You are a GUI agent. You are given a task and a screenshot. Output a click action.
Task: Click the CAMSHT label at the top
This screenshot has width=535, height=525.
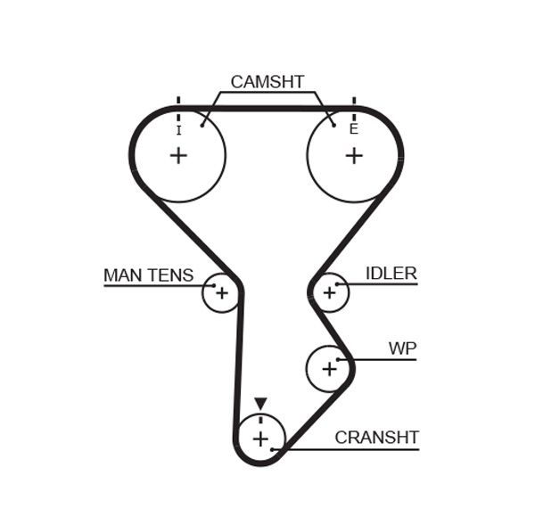click(x=267, y=82)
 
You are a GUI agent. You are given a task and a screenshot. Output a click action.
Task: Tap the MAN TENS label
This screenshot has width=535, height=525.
click(x=148, y=275)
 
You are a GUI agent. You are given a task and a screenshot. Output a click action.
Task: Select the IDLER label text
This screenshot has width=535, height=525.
click(x=391, y=274)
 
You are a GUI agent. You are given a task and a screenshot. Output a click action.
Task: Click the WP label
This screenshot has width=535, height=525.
click(x=402, y=348)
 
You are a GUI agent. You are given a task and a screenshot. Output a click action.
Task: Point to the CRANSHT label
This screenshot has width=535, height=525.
click(x=376, y=438)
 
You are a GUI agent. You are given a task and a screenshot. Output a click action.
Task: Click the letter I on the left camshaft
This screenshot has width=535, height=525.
click(x=178, y=130)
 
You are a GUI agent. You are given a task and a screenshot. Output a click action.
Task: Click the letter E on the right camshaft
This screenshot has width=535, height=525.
click(x=354, y=129)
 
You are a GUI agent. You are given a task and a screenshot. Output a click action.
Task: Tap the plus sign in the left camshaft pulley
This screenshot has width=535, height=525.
click(x=178, y=156)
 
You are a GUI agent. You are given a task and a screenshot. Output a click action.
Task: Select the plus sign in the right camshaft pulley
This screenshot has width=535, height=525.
click(x=354, y=156)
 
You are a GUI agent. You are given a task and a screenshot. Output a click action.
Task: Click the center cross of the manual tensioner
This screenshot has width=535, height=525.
click(x=222, y=292)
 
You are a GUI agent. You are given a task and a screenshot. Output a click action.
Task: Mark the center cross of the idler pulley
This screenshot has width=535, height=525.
click(x=329, y=291)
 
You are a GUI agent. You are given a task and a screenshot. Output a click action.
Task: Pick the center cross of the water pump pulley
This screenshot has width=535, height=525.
click(x=329, y=367)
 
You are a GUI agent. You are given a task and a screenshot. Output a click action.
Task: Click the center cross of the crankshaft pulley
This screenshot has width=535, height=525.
click(x=259, y=439)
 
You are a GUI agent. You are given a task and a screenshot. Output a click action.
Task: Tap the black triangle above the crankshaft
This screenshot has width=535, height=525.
click(x=259, y=404)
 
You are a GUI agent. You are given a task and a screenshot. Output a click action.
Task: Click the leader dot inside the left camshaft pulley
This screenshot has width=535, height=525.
click(x=203, y=124)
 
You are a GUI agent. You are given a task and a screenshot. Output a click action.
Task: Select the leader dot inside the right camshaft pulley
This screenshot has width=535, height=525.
click(x=333, y=124)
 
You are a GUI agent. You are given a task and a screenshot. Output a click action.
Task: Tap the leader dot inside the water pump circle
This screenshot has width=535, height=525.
click(x=339, y=359)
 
